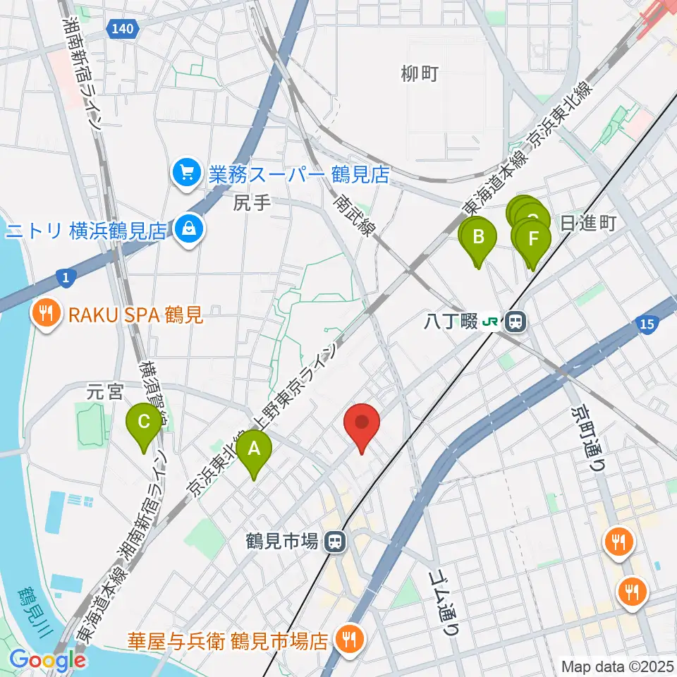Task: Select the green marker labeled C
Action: pyautogui.click(x=144, y=424)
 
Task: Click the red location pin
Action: pyautogui.click(x=362, y=424)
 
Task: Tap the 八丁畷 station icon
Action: pyautogui.click(x=516, y=322)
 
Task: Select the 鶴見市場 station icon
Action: pyautogui.click(x=334, y=542)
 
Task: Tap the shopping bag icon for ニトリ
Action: pyautogui.click(x=189, y=229)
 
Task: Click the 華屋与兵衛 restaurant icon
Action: pyautogui.click(x=348, y=640)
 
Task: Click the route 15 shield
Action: pyautogui.click(x=647, y=324)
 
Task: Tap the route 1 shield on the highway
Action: pyautogui.click(x=65, y=279)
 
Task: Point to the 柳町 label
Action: pyautogui.click(x=420, y=73)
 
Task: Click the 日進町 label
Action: pyautogui.click(x=589, y=224)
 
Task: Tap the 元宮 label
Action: pyautogui.click(x=105, y=391)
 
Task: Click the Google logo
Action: pyautogui.click(x=48, y=660)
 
